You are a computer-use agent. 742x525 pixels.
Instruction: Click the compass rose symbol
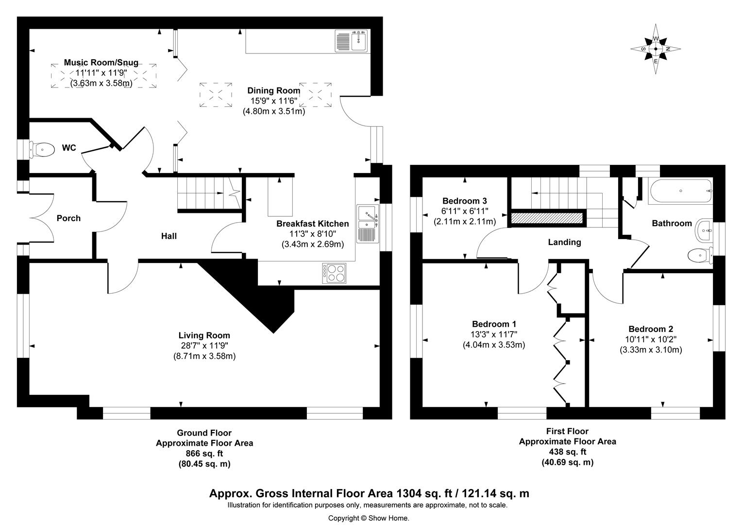(x=656, y=49)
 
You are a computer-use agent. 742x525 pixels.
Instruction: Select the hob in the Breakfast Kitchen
(x=334, y=273)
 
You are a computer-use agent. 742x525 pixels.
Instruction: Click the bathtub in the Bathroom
(x=680, y=191)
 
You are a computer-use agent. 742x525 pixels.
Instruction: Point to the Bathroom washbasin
(x=704, y=230)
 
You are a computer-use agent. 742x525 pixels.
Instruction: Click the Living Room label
(x=204, y=335)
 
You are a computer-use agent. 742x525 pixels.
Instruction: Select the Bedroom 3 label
(x=464, y=201)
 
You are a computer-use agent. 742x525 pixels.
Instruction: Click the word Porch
(x=68, y=218)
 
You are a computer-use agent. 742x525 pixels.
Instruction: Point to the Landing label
(x=564, y=242)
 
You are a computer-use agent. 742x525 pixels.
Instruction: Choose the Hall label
(x=169, y=236)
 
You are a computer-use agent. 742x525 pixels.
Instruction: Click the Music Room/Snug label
(x=101, y=63)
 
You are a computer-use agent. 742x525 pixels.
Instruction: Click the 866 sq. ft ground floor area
(x=204, y=454)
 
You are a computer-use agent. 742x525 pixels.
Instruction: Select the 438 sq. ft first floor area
(x=567, y=452)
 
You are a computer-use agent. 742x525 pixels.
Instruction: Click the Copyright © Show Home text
(x=369, y=518)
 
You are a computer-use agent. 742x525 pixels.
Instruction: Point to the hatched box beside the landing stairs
(x=546, y=218)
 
